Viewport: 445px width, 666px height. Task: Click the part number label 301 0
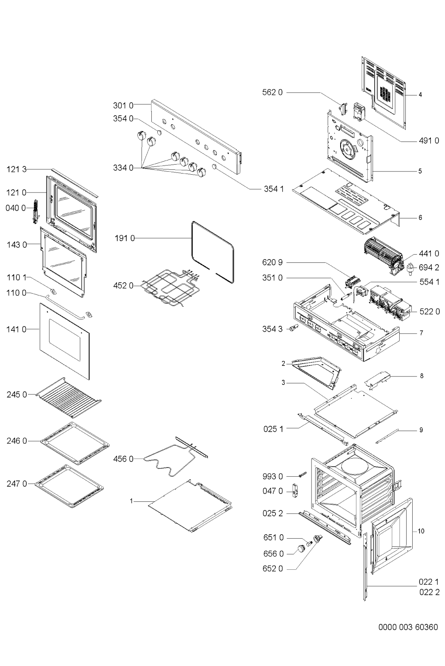(x=123, y=106)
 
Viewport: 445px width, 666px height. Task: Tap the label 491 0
(x=428, y=141)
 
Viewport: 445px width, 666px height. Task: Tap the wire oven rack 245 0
(x=69, y=396)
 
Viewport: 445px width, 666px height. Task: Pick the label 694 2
(x=429, y=267)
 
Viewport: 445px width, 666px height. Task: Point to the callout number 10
(x=421, y=531)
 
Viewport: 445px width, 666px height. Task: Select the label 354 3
(x=272, y=329)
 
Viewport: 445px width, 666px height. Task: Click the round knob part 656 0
(x=301, y=548)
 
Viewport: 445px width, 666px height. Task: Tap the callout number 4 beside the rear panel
(x=420, y=95)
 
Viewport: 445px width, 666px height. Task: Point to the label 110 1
(x=16, y=278)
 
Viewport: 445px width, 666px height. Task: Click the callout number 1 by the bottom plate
(x=131, y=501)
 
